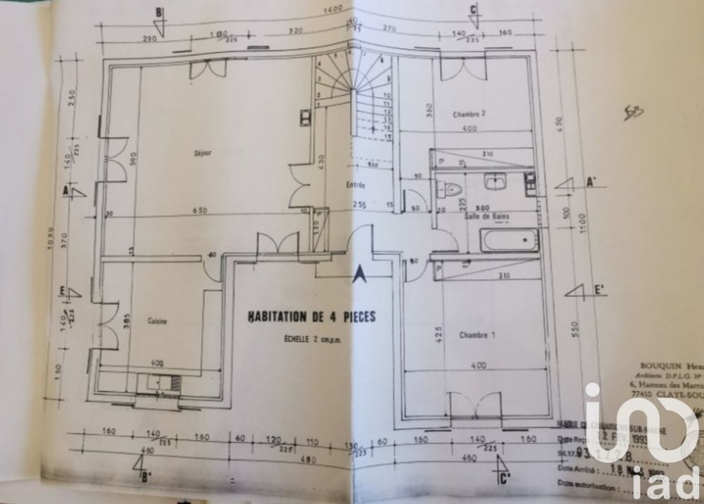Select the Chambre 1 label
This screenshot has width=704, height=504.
click(x=477, y=336)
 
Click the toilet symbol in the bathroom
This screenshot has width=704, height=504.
click(x=449, y=188)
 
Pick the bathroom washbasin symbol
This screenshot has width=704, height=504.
click(x=495, y=182)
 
